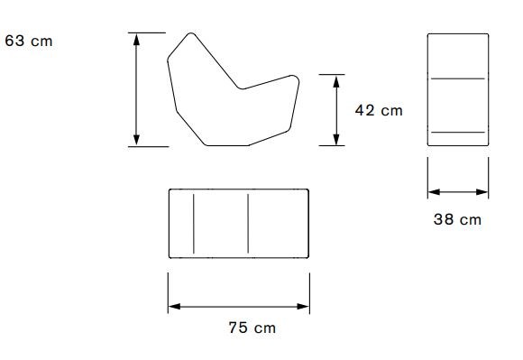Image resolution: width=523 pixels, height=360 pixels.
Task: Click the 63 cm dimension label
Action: coord(29,41)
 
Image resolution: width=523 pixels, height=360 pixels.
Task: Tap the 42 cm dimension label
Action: coord(379,110)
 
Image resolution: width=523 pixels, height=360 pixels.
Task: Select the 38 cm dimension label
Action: coord(457,219)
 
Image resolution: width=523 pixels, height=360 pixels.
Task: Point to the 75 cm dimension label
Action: coord(252,328)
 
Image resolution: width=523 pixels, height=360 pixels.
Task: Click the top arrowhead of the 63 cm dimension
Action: coord(136,40)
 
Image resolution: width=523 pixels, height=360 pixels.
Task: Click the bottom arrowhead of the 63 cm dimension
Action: coord(136,140)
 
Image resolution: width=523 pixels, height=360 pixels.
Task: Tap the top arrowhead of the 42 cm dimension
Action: coord(336,81)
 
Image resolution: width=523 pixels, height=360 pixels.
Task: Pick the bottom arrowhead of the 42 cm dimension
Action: coord(336,139)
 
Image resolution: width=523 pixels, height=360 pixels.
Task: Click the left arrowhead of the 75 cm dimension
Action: coord(174,306)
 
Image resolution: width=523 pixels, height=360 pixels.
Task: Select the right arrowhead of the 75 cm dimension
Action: coord(303,306)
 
